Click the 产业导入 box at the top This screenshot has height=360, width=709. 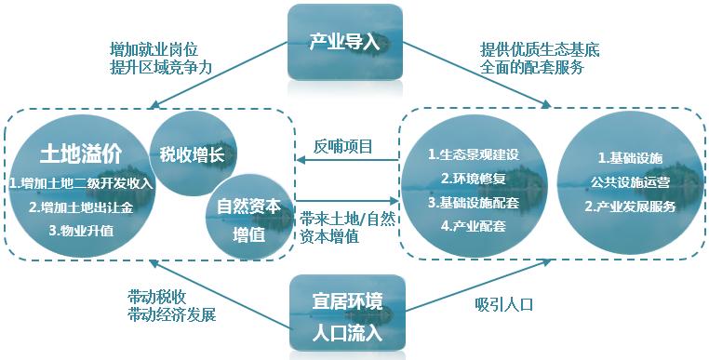[x=345, y=42]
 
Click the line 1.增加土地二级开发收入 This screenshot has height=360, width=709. [x=79, y=183]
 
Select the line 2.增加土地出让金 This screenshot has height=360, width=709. [x=79, y=207]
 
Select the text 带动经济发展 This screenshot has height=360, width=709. [x=171, y=314]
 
